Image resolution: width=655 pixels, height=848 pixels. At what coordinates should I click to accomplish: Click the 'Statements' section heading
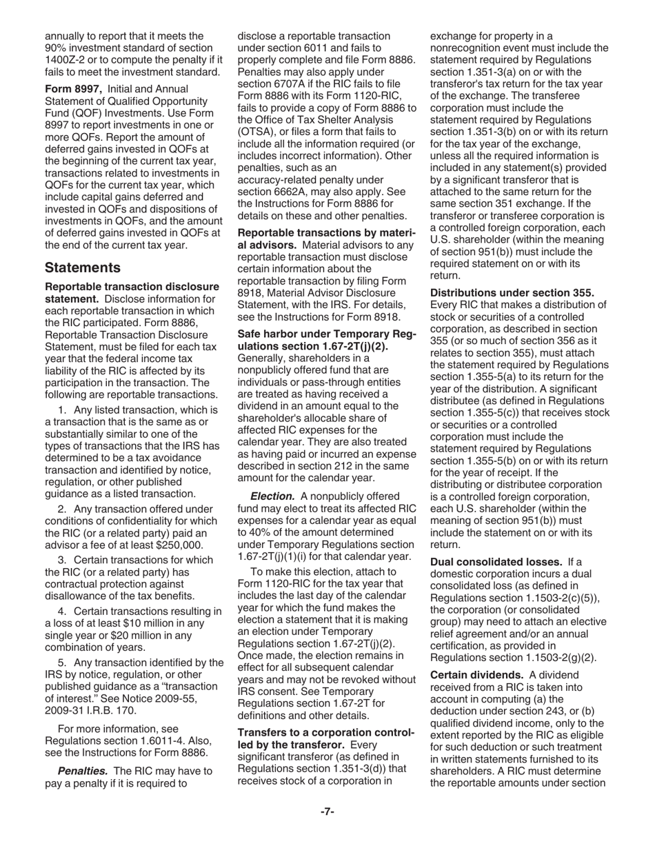(83, 267)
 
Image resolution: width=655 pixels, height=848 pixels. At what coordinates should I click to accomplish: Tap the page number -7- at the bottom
(327, 811)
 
